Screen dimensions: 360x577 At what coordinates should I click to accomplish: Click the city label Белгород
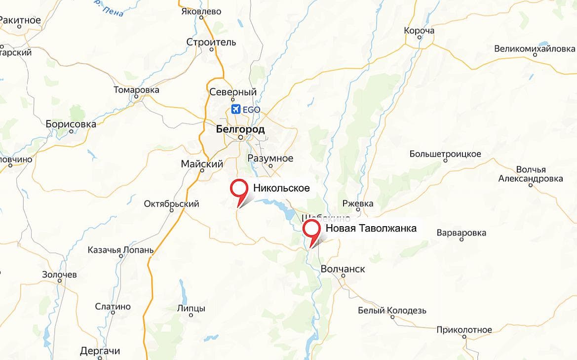pos(240,129)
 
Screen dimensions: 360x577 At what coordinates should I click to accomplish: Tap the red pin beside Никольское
pos(239,189)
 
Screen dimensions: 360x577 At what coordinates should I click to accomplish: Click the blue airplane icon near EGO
pos(235,109)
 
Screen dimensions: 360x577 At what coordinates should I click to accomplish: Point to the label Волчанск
pos(343,269)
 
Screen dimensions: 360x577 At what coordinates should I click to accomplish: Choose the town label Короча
pos(419,31)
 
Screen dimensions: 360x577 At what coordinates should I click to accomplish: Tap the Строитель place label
pos(211,42)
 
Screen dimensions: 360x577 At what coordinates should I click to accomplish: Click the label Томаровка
pos(136,90)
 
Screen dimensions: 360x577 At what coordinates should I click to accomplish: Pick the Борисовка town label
pos(71,124)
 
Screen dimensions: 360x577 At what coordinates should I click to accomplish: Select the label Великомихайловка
pos(535,49)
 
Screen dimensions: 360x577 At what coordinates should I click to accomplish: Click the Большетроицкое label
pos(445,154)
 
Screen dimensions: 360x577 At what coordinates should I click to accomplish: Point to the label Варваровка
pos(462,233)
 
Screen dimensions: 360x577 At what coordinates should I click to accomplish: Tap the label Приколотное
pos(464,330)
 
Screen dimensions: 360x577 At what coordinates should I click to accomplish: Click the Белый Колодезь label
pos(392,311)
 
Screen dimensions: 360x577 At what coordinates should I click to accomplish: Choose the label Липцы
pos(191,308)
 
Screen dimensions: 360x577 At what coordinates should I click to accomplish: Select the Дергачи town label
pos(100,351)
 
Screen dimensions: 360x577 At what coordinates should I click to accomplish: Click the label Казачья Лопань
pos(120,250)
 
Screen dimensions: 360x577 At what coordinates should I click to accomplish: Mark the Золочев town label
pos(59,275)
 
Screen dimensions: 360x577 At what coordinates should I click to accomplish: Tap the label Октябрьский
pos(171,204)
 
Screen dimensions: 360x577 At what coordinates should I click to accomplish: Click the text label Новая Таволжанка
pos(371,228)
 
